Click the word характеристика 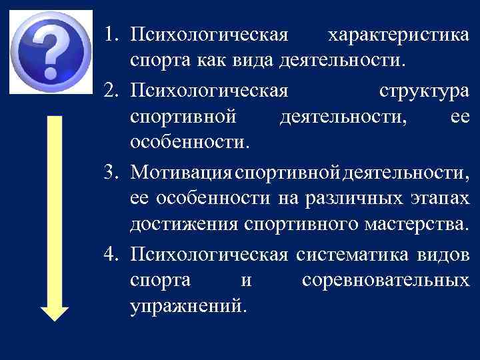402,35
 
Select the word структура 423,89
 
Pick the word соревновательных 385,281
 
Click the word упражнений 189,307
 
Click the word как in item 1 211,62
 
